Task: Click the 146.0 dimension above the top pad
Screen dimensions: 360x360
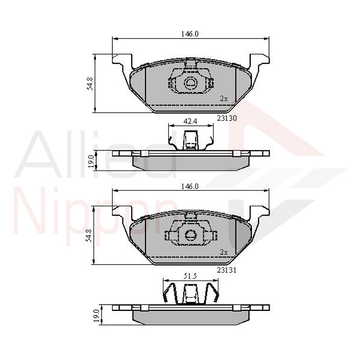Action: (x=190, y=34)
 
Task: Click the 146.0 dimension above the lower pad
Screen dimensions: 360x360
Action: (x=190, y=186)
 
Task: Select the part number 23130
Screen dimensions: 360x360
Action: (x=227, y=117)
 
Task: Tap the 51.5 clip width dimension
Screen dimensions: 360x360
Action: (x=190, y=276)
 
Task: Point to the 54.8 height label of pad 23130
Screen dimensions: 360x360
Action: (x=90, y=83)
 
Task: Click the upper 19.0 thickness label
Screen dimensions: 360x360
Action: (x=91, y=162)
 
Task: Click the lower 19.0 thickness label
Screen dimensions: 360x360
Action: (x=96, y=316)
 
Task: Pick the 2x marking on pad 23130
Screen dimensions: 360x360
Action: (x=224, y=99)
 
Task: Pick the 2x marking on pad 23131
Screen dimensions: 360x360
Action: (x=224, y=252)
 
